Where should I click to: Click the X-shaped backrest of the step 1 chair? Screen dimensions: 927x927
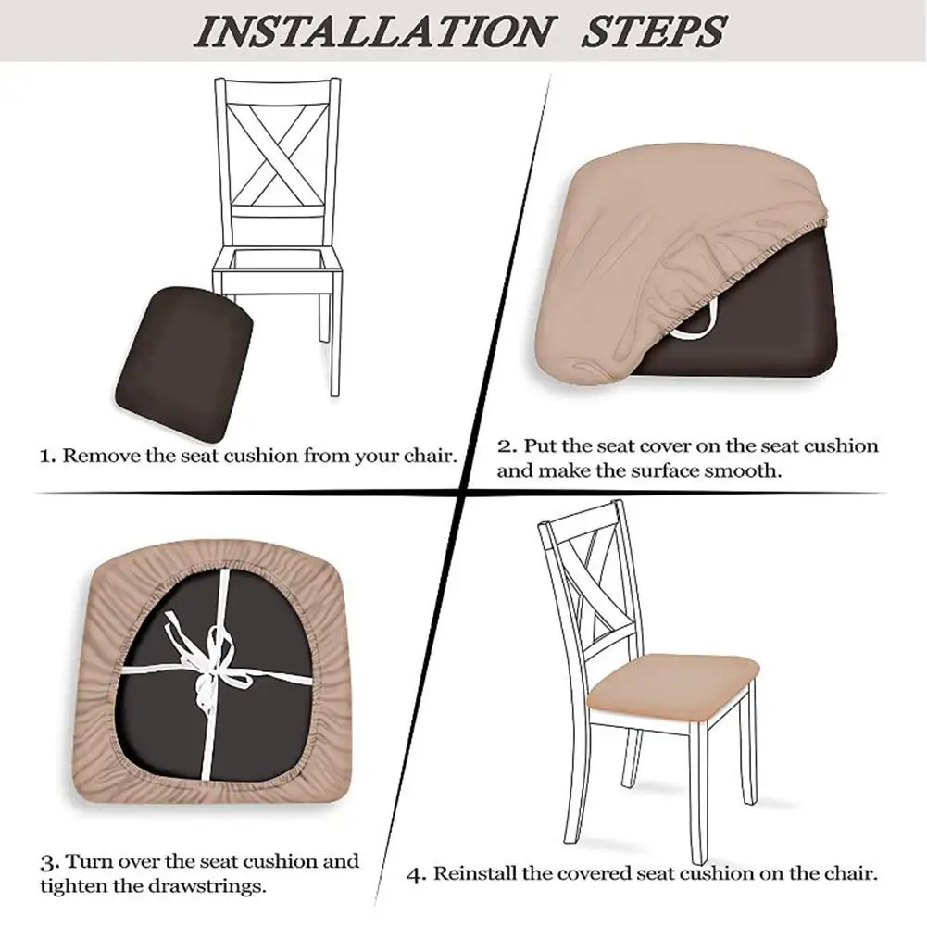coord(278,153)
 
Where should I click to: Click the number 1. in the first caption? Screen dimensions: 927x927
coord(48,456)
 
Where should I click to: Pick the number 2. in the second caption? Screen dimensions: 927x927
coord(507,446)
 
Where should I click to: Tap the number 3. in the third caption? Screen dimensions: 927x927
coord(49,862)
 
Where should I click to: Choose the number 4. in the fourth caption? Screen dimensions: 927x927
coord(418,873)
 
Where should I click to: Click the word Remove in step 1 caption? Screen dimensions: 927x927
coord(99,456)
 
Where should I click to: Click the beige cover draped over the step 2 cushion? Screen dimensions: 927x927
coord(648,222)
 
